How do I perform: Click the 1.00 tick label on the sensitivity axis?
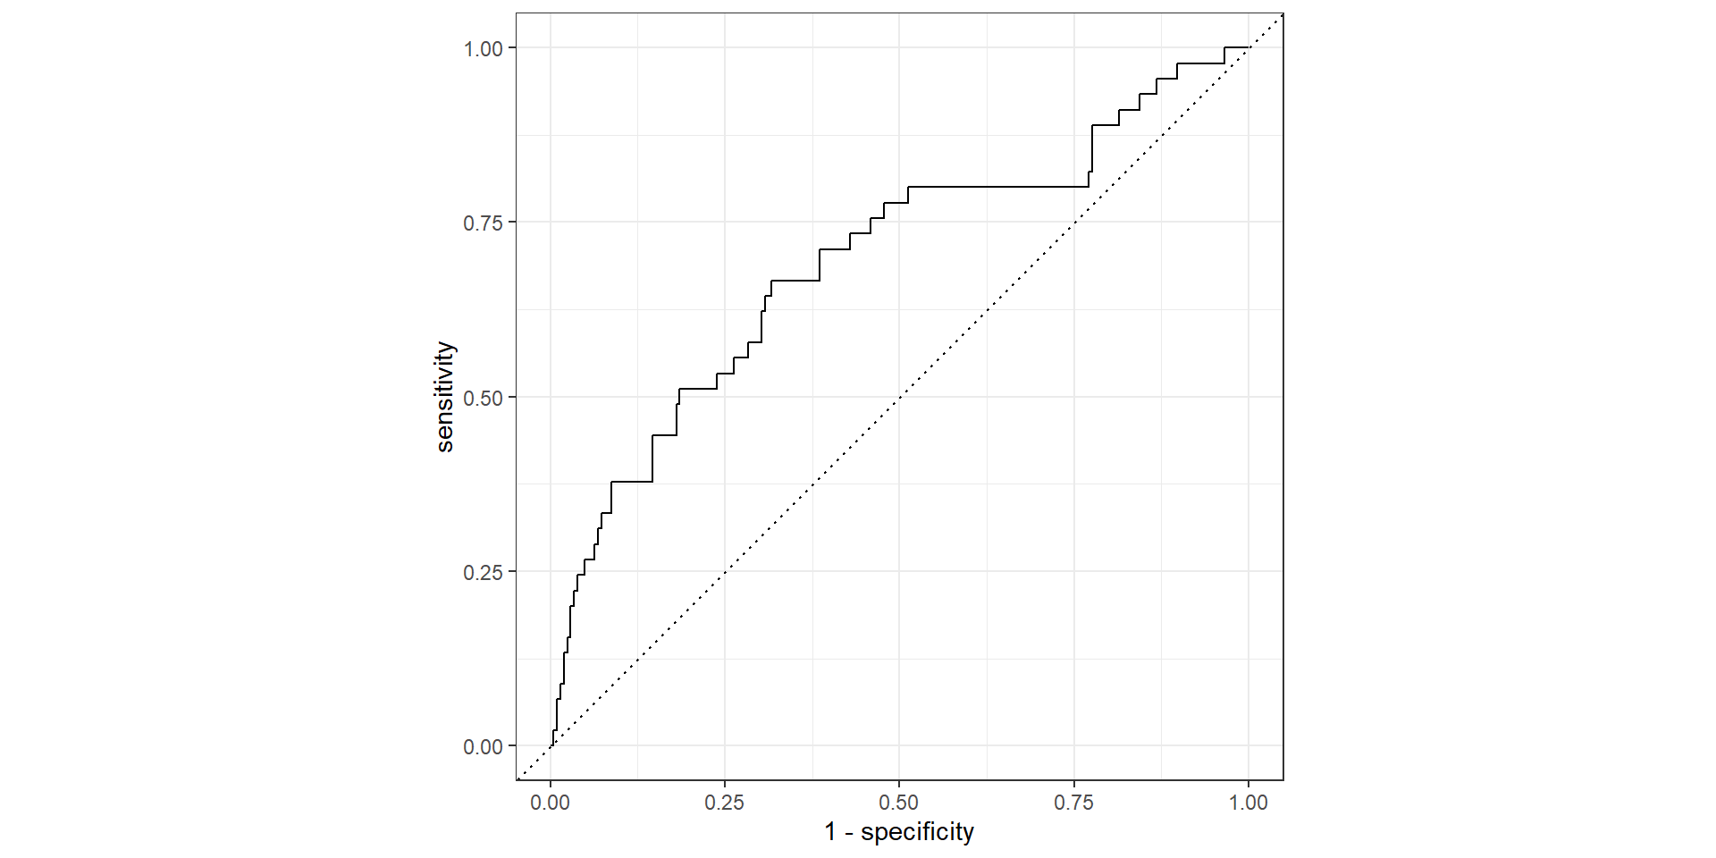point(483,49)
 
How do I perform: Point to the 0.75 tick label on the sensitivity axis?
point(483,223)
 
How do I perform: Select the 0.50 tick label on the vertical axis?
point(483,398)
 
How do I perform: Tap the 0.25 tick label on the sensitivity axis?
point(483,572)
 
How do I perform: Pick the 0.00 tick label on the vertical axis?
point(483,747)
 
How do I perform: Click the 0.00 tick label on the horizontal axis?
point(550,803)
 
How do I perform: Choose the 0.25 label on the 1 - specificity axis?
point(724,803)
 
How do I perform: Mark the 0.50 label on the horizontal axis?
point(899,803)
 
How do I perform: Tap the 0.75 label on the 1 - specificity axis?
point(1073,803)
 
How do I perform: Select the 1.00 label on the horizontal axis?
point(1249,803)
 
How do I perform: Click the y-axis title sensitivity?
point(445,397)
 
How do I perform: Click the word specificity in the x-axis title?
point(917,832)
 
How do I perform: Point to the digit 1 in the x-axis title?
point(830,832)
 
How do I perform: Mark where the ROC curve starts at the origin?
point(551,745)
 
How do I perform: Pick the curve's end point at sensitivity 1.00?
point(1248,47)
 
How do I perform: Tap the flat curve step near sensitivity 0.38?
point(632,482)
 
